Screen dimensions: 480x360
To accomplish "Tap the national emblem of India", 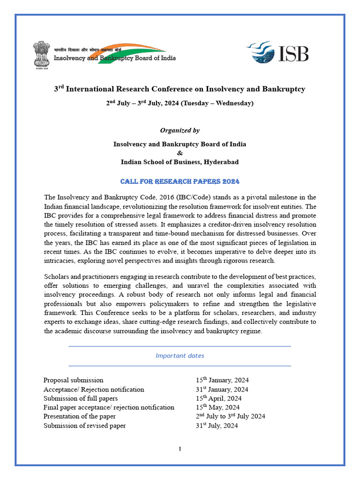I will (x=42, y=54).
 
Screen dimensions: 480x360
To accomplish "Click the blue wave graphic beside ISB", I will (x=262, y=52).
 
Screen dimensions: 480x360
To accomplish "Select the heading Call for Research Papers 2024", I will (x=180, y=181).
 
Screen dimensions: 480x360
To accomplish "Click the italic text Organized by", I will (x=180, y=130).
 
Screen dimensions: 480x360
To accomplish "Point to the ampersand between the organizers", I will (x=180, y=153).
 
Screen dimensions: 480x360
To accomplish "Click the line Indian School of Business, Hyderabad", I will (x=180, y=162).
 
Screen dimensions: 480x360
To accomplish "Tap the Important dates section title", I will (x=180, y=356).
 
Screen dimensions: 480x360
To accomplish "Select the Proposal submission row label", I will (x=73, y=380).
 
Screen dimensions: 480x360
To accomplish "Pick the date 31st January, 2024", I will (x=222, y=389).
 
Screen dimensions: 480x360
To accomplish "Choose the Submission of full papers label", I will (x=80, y=398).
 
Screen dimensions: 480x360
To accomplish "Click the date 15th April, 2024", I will (x=218, y=398).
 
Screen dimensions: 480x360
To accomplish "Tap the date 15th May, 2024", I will (x=217, y=407).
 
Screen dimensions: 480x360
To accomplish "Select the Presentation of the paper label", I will (x=79, y=416).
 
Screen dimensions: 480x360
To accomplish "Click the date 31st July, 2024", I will (x=217, y=426).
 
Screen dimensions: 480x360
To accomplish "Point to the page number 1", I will (x=180, y=450).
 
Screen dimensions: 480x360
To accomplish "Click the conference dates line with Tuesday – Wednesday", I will (x=180, y=103).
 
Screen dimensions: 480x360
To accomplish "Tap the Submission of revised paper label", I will (x=84, y=426).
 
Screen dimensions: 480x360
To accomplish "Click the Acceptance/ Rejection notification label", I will (x=94, y=390).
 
